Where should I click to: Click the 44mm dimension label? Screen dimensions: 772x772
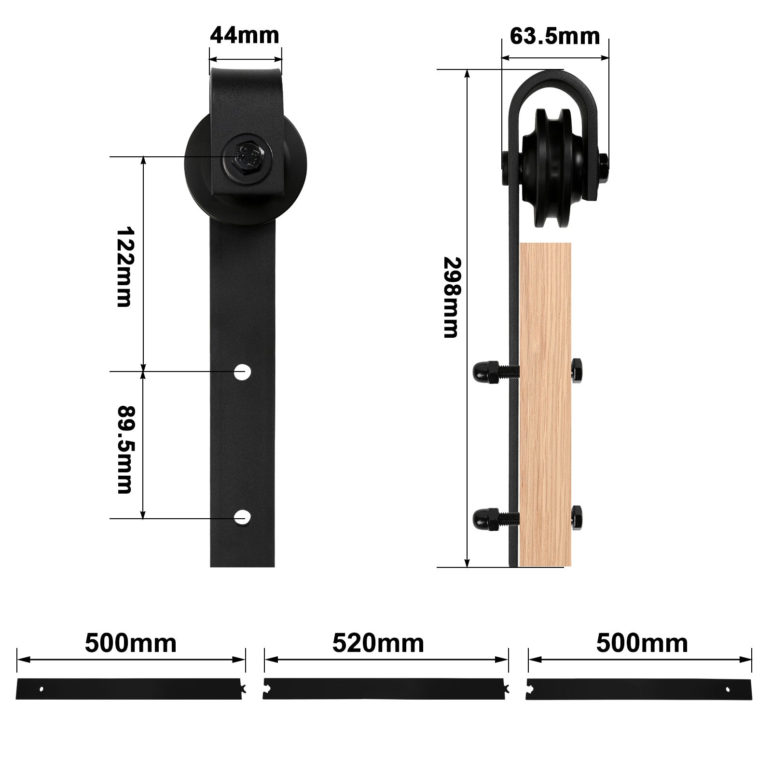(x=245, y=35)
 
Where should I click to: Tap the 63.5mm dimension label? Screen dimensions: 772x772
(x=555, y=36)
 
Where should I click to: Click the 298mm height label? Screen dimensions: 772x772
(x=452, y=297)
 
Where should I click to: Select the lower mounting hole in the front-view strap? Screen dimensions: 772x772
(x=243, y=517)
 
